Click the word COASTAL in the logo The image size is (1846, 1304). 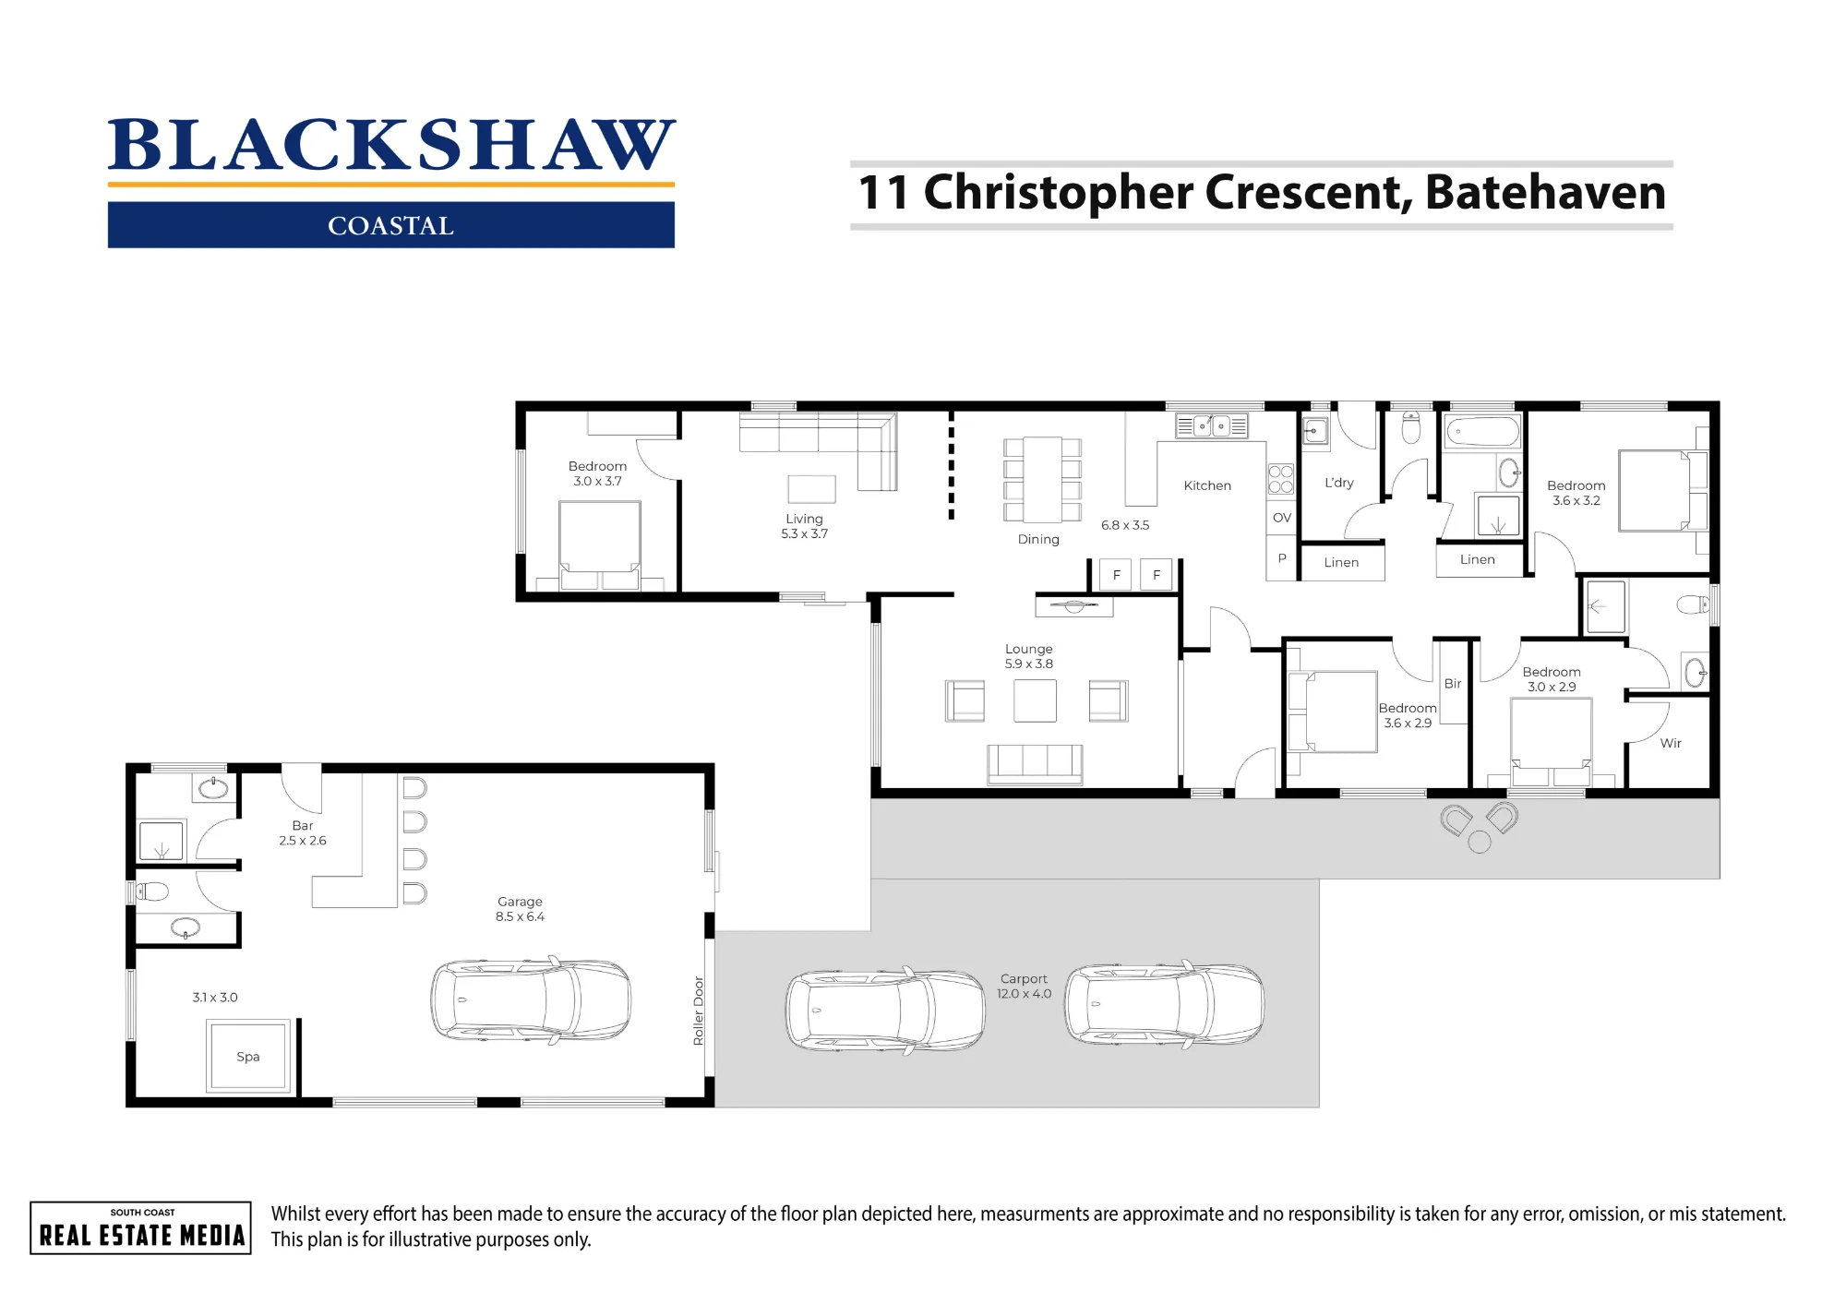click(x=390, y=226)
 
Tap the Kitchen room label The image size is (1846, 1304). click(x=1207, y=485)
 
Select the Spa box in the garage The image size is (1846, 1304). click(x=248, y=1057)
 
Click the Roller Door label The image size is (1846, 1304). click(x=699, y=1011)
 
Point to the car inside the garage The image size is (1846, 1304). click(x=531, y=1001)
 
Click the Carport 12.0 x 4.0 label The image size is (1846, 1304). click(x=1024, y=986)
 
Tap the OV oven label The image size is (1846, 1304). click(x=1282, y=518)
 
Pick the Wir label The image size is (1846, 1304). click(x=1671, y=743)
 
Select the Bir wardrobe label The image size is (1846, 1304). click(x=1453, y=684)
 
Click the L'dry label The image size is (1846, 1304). click(x=1339, y=483)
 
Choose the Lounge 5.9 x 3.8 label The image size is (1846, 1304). click(x=1029, y=656)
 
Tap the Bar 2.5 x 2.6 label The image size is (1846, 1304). click(x=303, y=833)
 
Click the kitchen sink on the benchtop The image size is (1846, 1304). click(x=1212, y=426)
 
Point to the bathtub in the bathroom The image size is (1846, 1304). click(x=1482, y=432)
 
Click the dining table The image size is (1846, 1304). click(x=1042, y=480)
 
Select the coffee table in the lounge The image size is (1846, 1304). click(x=1035, y=700)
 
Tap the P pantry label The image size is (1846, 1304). click(x=1282, y=558)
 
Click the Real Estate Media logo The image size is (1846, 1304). click(x=141, y=1228)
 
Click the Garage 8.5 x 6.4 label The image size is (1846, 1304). click(x=520, y=909)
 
